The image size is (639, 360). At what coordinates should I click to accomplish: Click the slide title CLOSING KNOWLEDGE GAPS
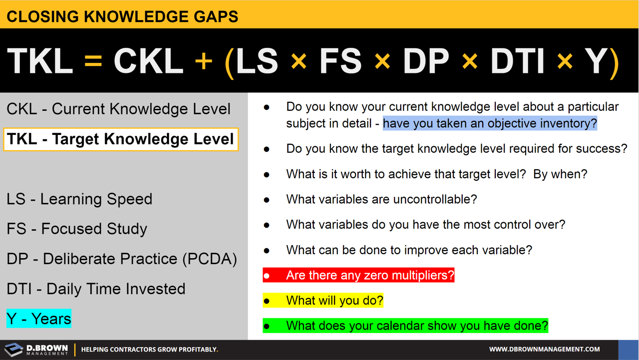tap(122, 17)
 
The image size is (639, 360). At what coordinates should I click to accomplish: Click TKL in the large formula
tap(40, 61)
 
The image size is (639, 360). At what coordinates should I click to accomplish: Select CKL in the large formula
tap(148, 61)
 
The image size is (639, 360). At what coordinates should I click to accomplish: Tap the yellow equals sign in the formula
tap(93, 61)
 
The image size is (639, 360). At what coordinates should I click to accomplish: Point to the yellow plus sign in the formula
tap(204, 61)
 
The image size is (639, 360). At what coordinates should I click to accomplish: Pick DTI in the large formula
tap(517, 61)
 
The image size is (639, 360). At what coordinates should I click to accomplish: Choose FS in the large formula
tap(340, 61)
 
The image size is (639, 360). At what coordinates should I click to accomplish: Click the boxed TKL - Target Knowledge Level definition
tap(121, 139)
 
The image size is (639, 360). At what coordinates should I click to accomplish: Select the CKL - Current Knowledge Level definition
tap(118, 109)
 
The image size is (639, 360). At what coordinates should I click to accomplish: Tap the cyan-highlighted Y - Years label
tap(39, 319)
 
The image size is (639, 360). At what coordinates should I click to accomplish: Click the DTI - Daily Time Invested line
tap(96, 289)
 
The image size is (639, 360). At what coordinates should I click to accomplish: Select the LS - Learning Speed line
tap(79, 199)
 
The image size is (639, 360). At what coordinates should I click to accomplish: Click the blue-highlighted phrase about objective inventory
tap(490, 123)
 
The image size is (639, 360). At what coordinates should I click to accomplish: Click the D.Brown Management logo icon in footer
tap(14, 350)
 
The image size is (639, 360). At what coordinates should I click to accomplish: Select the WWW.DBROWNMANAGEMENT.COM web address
tap(544, 350)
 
